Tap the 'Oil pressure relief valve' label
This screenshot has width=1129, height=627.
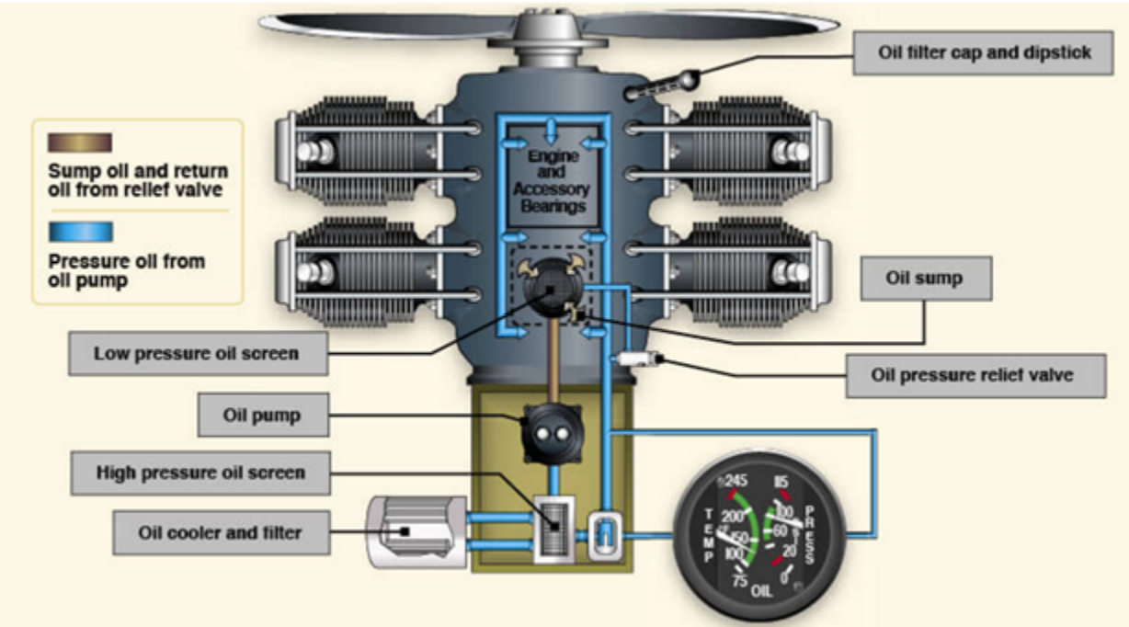pyautogui.click(x=972, y=375)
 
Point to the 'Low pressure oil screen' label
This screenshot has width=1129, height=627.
pyautogui.click(x=197, y=352)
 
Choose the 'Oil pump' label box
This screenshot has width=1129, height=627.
pyautogui.click(x=262, y=416)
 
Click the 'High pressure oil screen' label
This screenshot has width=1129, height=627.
pyautogui.click(x=200, y=473)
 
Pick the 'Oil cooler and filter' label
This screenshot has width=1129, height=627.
pyautogui.click(x=220, y=531)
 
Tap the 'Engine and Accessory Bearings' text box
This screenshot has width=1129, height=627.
pyautogui.click(x=553, y=181)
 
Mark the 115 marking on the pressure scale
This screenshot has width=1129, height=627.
pyautogui.click(x=784, y=481)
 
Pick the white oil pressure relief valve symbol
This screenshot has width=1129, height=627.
pyautogui.click(x=637, y=358)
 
